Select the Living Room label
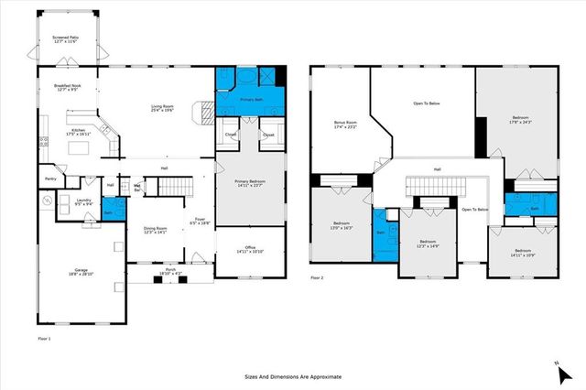162,110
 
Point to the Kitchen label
79,132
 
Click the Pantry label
50,179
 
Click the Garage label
79,272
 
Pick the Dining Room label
155,231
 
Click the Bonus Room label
343,125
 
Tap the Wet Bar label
136,187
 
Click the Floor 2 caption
317,277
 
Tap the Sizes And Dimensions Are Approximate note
292,376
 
